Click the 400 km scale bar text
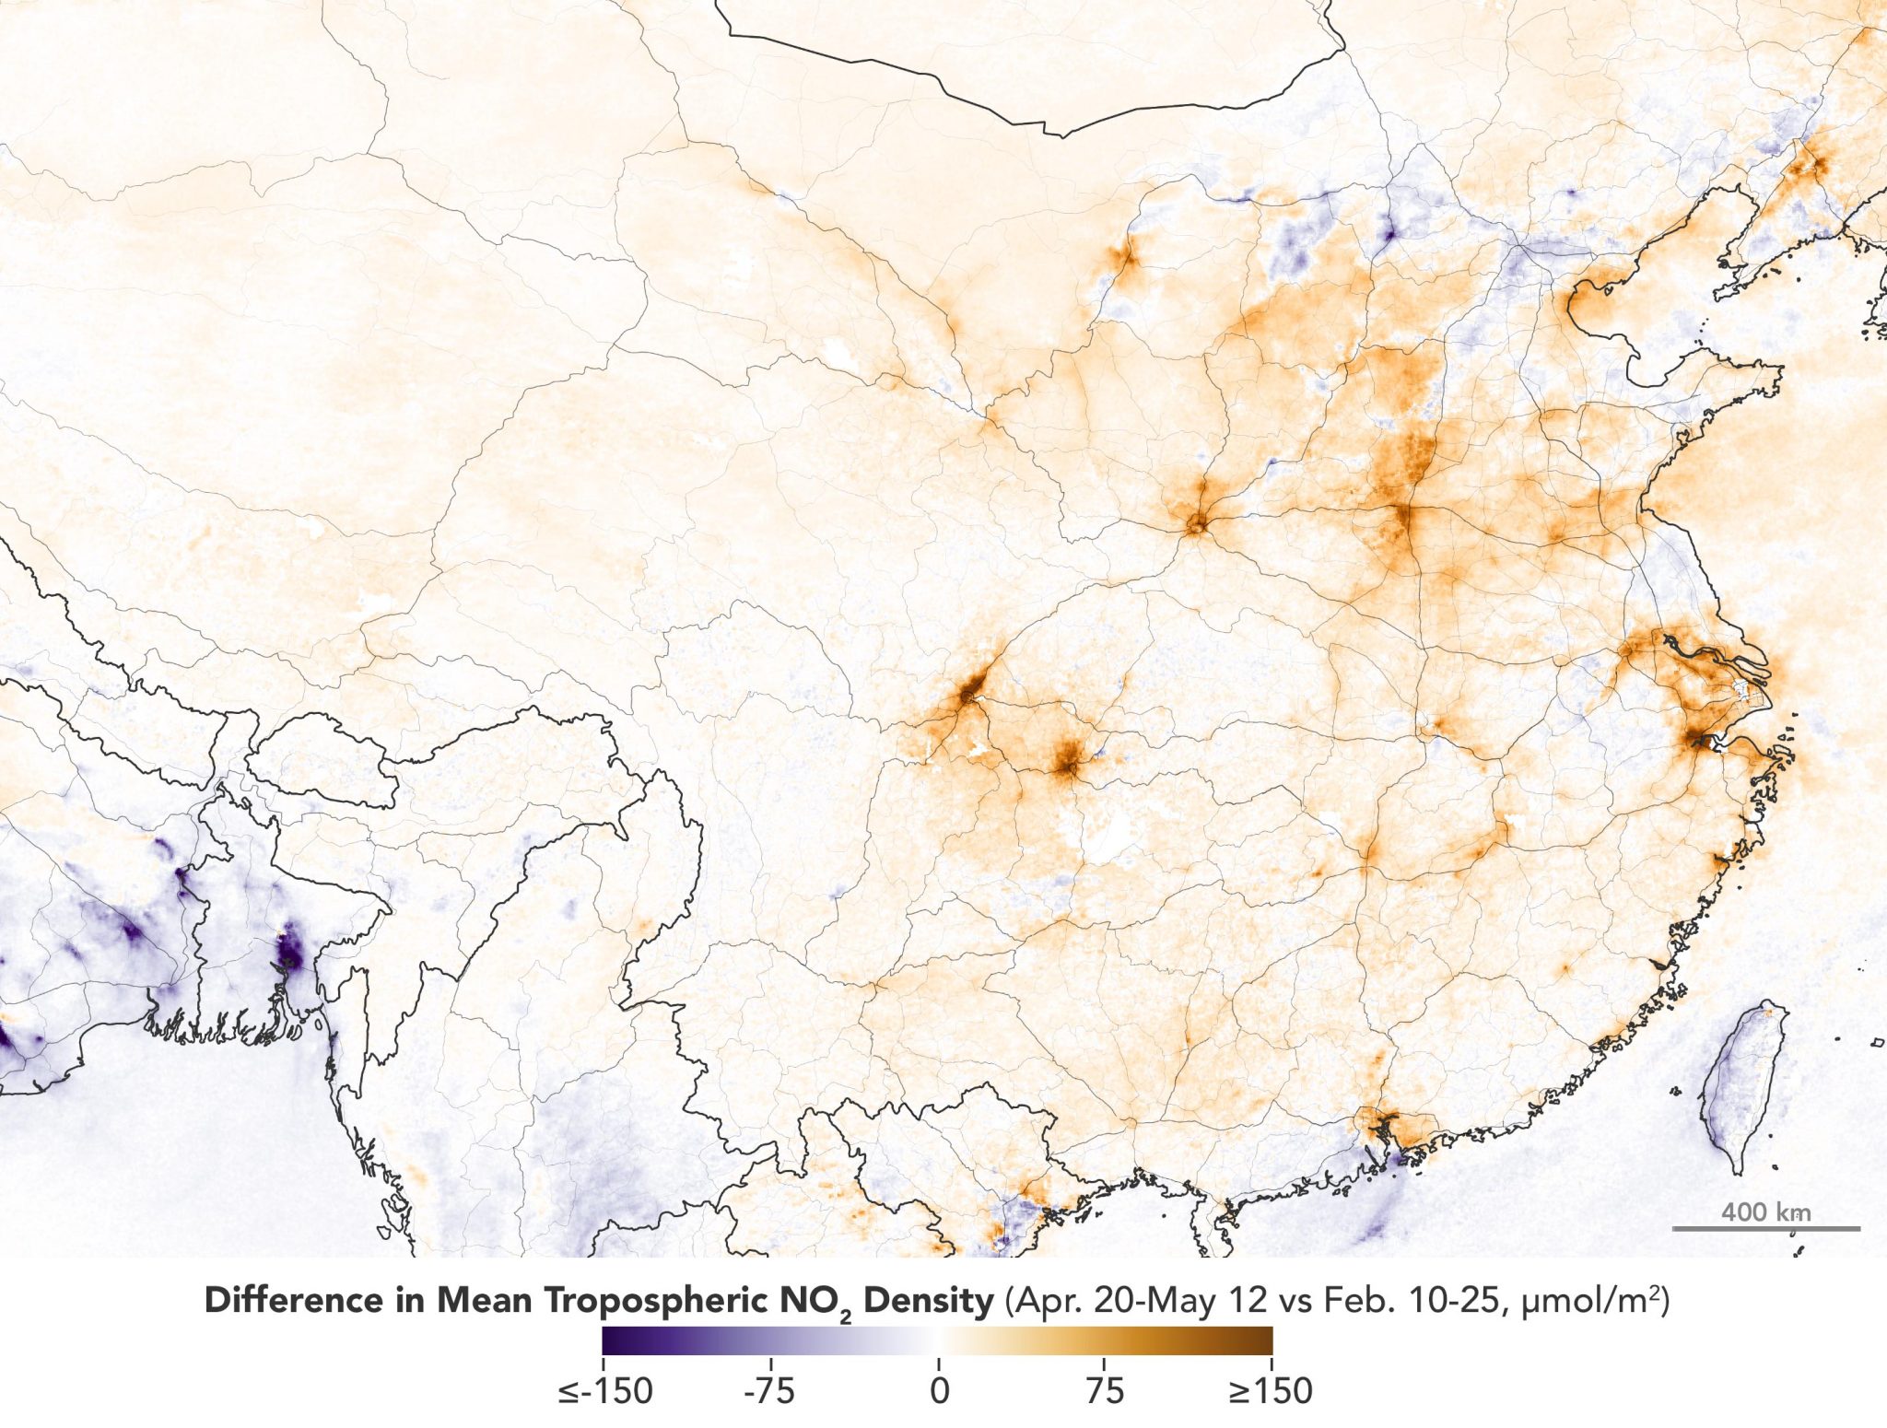pos(1765,1212)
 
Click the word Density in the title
pos(929,1301)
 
